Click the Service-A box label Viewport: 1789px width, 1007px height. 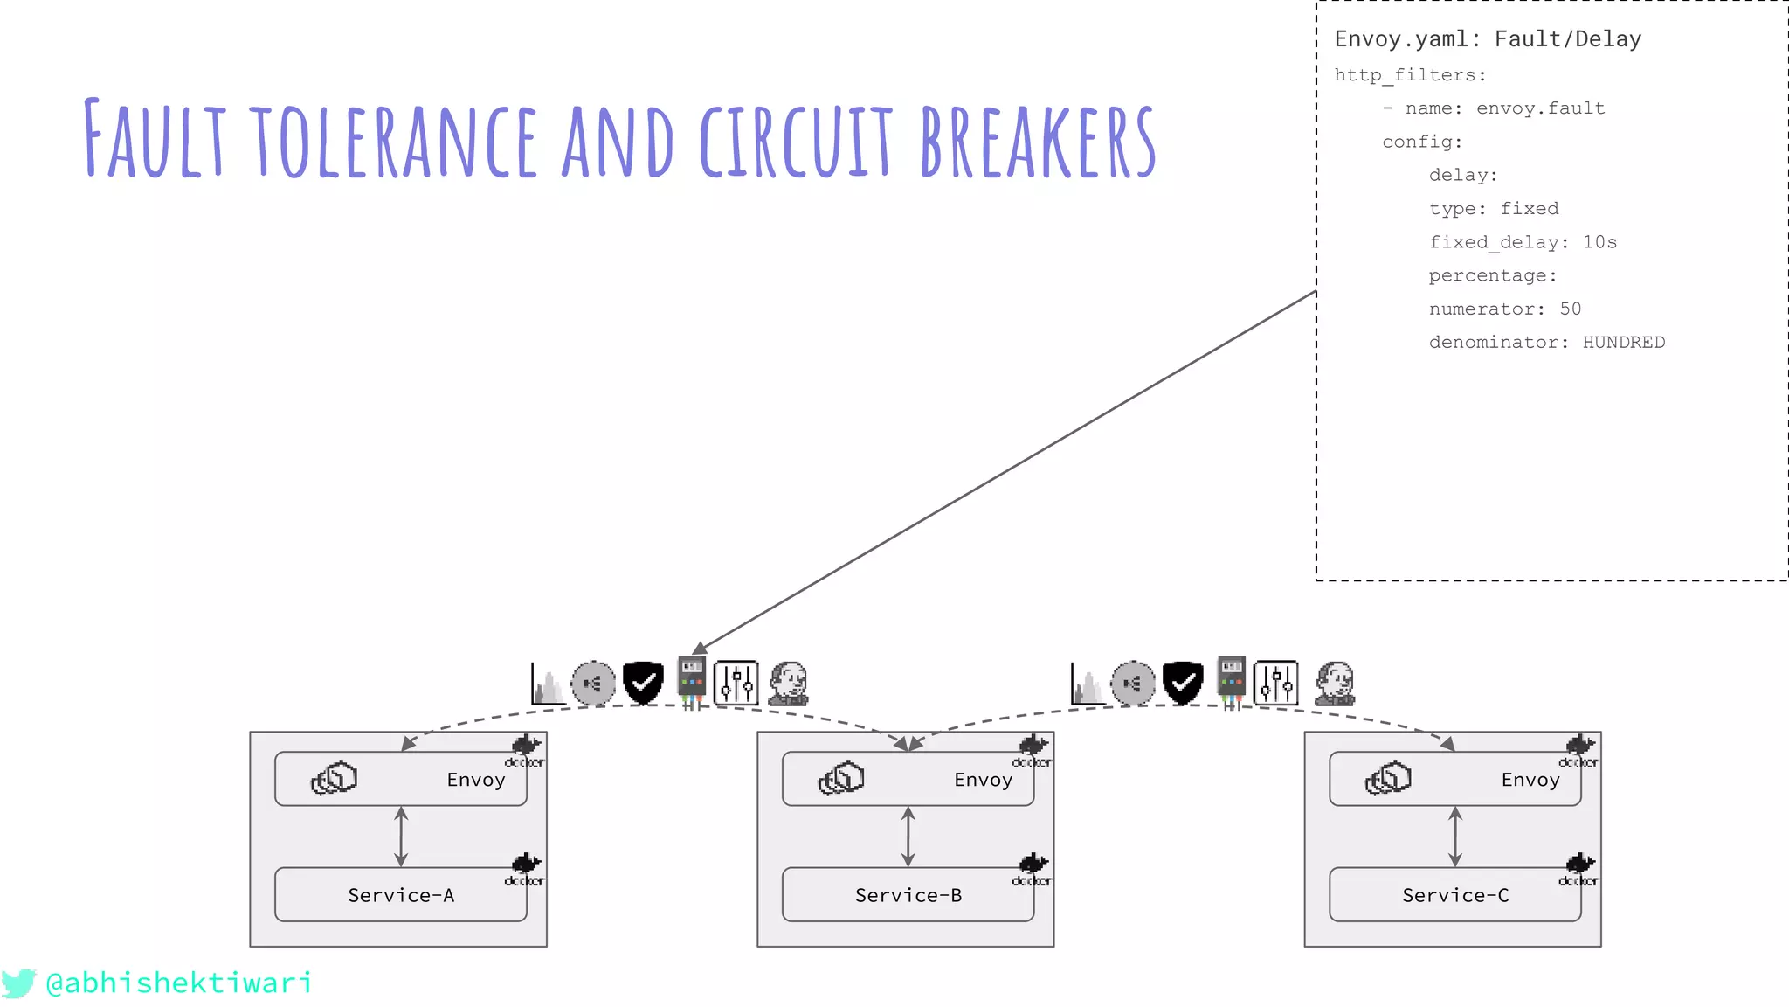[401, 895]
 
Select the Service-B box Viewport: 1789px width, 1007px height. [908, 894]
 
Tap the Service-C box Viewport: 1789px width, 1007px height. [1454, 894]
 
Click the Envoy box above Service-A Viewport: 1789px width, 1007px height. [401, 779]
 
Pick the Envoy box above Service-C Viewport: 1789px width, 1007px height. [1454, 779]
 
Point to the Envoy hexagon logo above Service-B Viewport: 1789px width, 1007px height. [841, 778]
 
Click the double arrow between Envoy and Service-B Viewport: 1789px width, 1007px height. [908, 837]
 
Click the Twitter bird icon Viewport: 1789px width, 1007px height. [18, 983]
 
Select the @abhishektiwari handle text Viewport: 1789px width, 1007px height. [179, 983]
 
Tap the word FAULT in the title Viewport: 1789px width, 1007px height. [155, 140]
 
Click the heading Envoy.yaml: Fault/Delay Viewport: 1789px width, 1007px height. [1488, 39]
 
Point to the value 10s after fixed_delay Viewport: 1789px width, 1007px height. [1599, 242]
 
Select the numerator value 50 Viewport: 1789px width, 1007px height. [1570, 309]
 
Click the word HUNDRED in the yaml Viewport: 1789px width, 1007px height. [1623, 343]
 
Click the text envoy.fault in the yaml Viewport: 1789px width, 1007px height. [1540, 108]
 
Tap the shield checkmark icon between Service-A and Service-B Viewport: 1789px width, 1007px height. [643, 682]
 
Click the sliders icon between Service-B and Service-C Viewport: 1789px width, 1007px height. [1275, 683]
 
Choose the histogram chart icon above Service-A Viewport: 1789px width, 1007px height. [548, 684]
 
